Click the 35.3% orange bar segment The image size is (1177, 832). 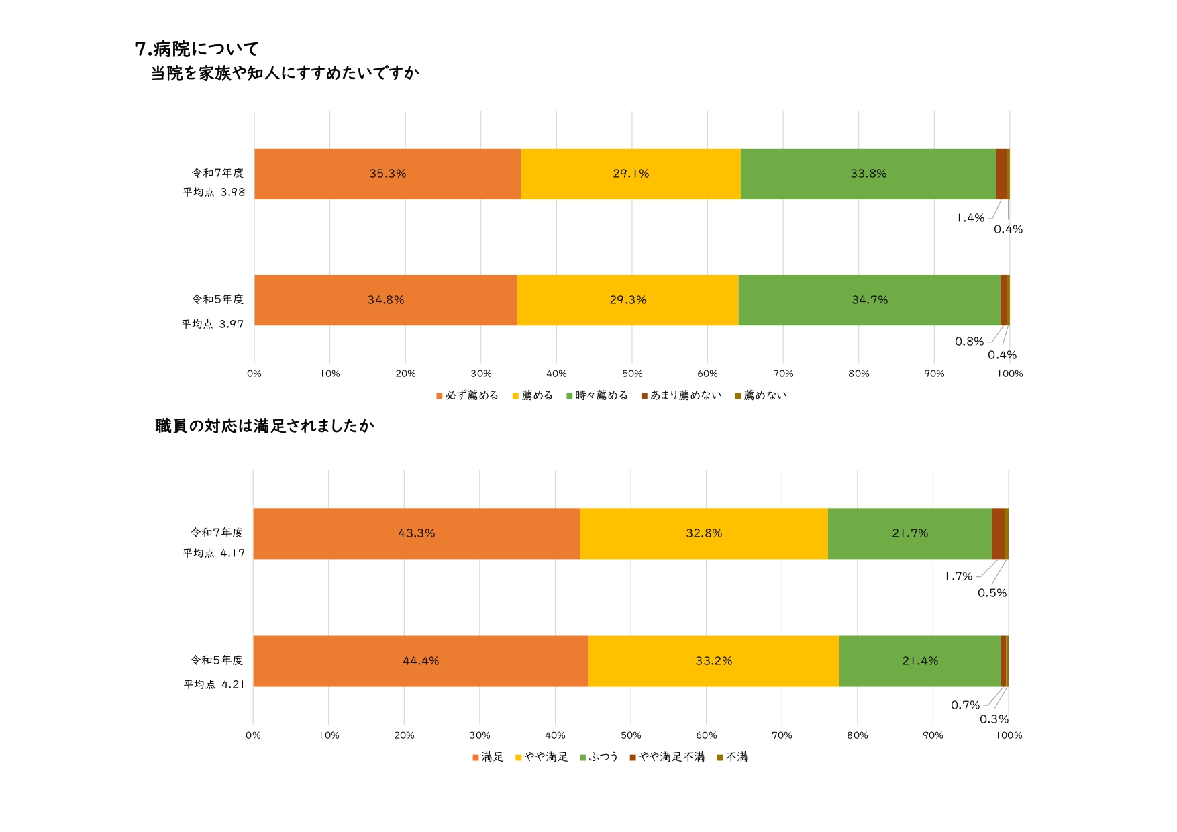(x=387, y=174)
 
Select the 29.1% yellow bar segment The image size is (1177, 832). (x=630, y=174)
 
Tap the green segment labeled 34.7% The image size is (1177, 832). (x=870, y=300)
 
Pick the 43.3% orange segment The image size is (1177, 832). (x=416, y=533)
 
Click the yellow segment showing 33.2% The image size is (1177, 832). (x=713, y=661)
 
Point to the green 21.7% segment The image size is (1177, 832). (x=910, y=533)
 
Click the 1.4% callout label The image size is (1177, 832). (x=970, y=218)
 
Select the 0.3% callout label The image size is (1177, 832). (x=994, y=719)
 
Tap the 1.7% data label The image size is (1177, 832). (x=958, y=576)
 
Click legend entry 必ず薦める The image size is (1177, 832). (x=468, y=395)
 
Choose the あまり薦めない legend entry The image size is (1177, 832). (x=682, y=395)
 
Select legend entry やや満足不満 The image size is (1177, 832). (x=668, y=757)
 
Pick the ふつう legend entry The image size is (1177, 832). (x=599, y=757)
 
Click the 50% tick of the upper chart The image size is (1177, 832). (x=632, y=374)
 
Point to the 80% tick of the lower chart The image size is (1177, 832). (x=857, y=735)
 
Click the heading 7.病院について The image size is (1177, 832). (x=197, y=49)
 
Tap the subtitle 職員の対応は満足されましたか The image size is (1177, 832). (x=264, y=426)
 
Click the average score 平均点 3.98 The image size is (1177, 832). (x=214, y=192)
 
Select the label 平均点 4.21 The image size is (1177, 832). (x=214, y=684)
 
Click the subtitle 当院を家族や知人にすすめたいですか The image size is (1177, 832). (x=285, y=73)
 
